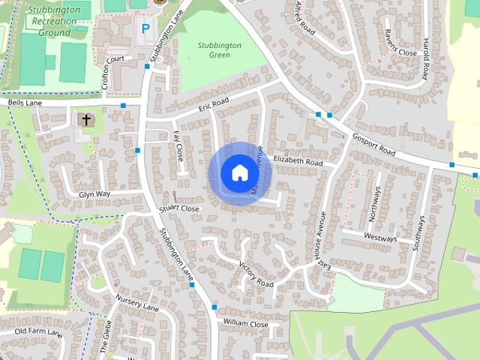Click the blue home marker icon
tap(239, 172)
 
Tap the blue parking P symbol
tap(145, 29)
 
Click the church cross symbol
tap(85, 120)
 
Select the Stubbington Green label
tap(219, 49)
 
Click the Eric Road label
tap(213, 106)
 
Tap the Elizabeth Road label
tap(298, 161)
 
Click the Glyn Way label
tap(94, 193)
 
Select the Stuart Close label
tap(181, 208)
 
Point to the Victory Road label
tap(256, 274)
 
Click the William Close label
tap(245, 324)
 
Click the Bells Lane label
tap(26, 102)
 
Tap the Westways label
tap(379, 237)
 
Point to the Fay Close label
tap(178, 145)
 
